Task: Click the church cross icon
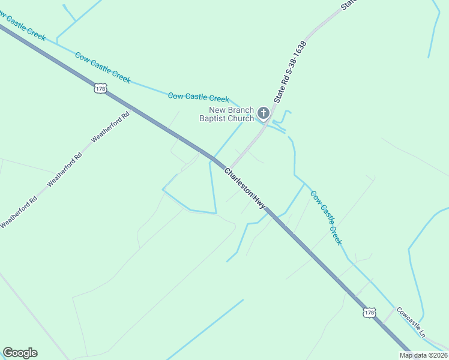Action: tap(263, 113)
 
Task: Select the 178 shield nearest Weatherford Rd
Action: tap(100, 89)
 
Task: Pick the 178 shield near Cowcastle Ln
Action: tap(369, 313)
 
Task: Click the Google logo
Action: tap(20, 353)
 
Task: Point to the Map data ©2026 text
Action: tap(423, 355)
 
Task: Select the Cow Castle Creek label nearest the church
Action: tap(198, 97)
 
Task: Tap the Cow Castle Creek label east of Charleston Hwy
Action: tap(326, 217)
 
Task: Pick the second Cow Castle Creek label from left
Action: tap(103, 67)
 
